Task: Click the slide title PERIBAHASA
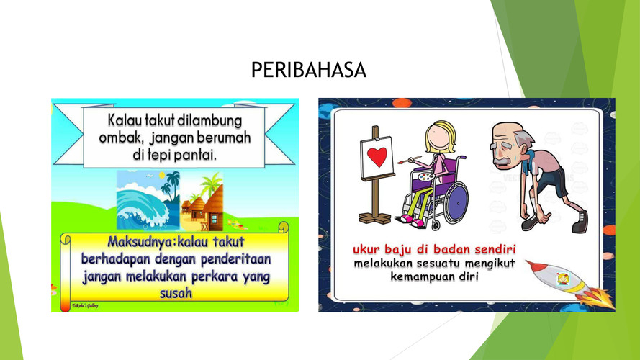tap(309, 70)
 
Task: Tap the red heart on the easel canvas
tap(377, 157)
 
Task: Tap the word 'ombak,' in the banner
tap(122, 138)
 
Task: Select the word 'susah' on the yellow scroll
tap(176, 293)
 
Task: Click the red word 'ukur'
tap(366, 249)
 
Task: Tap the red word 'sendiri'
tap(495, 249)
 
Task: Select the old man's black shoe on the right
tap(580, 223)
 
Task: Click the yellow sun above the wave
tap(162, 176)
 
